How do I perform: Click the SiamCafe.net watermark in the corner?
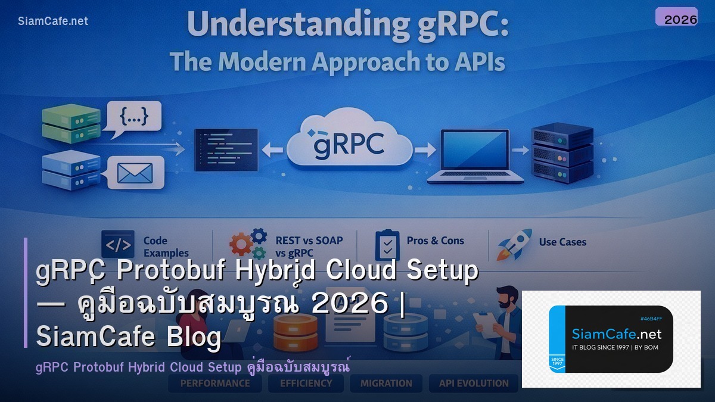coord(53,21)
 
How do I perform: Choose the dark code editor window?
coord(226,149)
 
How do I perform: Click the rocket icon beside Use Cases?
coord(515,245)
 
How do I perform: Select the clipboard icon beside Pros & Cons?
coord(387,244)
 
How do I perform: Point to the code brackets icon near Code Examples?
coord(117,244)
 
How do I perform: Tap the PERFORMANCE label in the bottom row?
coord(215,384)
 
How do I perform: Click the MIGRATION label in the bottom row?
coord(386,384)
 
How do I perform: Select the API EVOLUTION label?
coord(474,384)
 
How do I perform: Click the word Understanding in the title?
coord(260,25)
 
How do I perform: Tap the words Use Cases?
coord(562,242)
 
